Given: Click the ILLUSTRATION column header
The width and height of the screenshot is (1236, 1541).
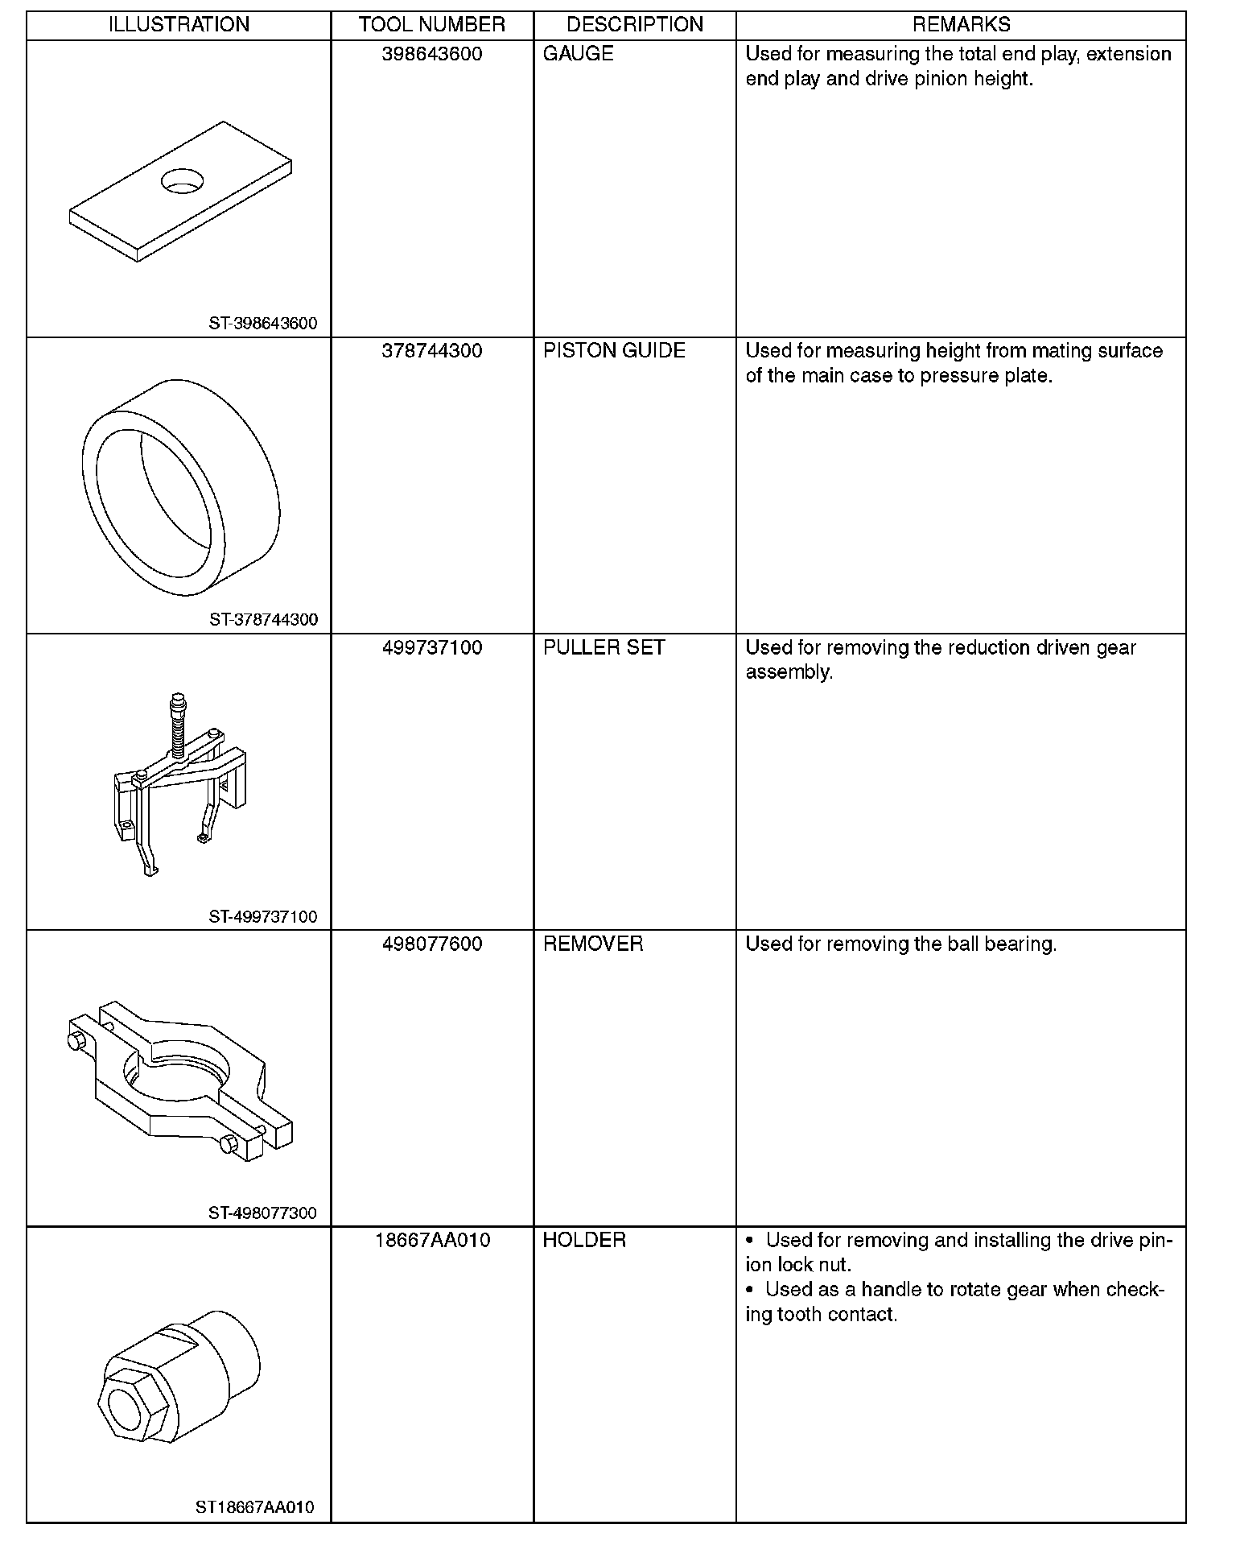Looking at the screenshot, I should click(x=179, y=25).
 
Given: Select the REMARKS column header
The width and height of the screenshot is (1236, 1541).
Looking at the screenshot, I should click(x=961, y=25).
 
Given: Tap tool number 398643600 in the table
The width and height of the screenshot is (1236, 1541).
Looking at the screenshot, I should click(x=432, y=54).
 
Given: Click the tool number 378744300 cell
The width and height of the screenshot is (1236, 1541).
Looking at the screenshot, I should click(x=432, y=351).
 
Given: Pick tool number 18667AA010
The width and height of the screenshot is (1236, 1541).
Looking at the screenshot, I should click(x=432, y=1240).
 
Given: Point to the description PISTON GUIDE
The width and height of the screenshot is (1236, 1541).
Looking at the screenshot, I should click(x=614, y=351).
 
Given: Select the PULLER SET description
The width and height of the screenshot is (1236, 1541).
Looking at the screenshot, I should click(x=604, y=648).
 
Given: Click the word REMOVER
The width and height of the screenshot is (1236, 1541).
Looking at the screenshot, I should click(x=593, y=944).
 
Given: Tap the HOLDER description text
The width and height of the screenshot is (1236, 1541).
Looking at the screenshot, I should click(x=584, y=1240).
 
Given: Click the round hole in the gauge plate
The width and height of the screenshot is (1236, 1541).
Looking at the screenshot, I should click(x=183, y=180).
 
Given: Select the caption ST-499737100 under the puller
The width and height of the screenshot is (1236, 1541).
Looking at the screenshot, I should click(x=263, y=916).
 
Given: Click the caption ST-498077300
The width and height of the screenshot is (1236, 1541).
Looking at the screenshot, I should click(x=263, y=1213).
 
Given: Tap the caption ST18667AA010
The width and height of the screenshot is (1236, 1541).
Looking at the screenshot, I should click(x=255, y=1507).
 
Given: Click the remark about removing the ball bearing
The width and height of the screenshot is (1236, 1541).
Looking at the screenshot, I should click(x=900, y=944).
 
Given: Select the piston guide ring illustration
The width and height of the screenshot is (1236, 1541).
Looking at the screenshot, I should click(x=181, y=486).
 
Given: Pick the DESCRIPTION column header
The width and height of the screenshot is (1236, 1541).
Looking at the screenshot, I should click(x=635, y=25).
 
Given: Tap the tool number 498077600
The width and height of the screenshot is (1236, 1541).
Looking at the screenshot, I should click(x=432, y=944).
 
